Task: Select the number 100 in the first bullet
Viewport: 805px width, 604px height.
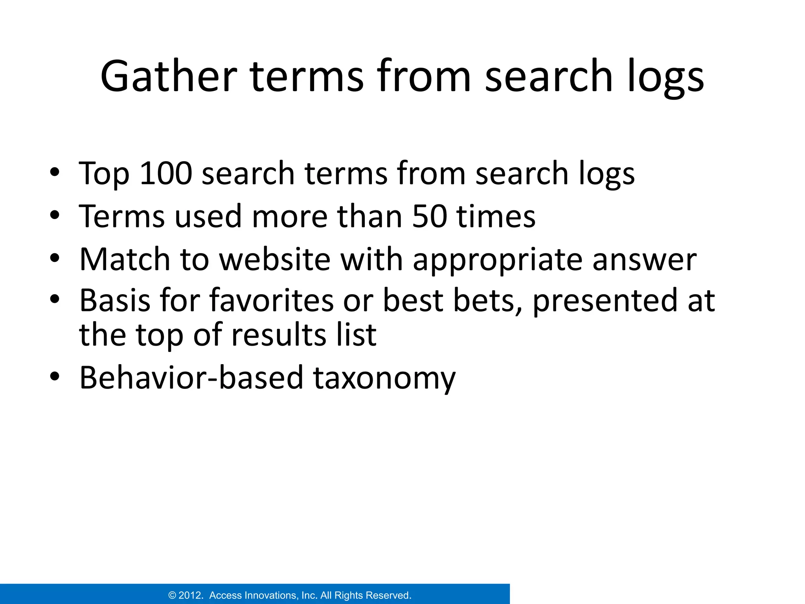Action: coord(166,173)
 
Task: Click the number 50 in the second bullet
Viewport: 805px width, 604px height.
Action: coord(430,216)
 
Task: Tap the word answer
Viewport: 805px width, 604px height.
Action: coord(644,260)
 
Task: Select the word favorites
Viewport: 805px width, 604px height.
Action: coord(272,300)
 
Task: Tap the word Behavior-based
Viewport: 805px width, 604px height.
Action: coord(191,377)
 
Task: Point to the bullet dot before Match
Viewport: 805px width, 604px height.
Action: coord(55,258)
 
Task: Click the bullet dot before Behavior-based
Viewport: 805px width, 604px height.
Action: coord(55,376)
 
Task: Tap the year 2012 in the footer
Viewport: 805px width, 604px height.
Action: coord(191,595)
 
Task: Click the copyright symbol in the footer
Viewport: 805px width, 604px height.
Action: coord(172,595)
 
